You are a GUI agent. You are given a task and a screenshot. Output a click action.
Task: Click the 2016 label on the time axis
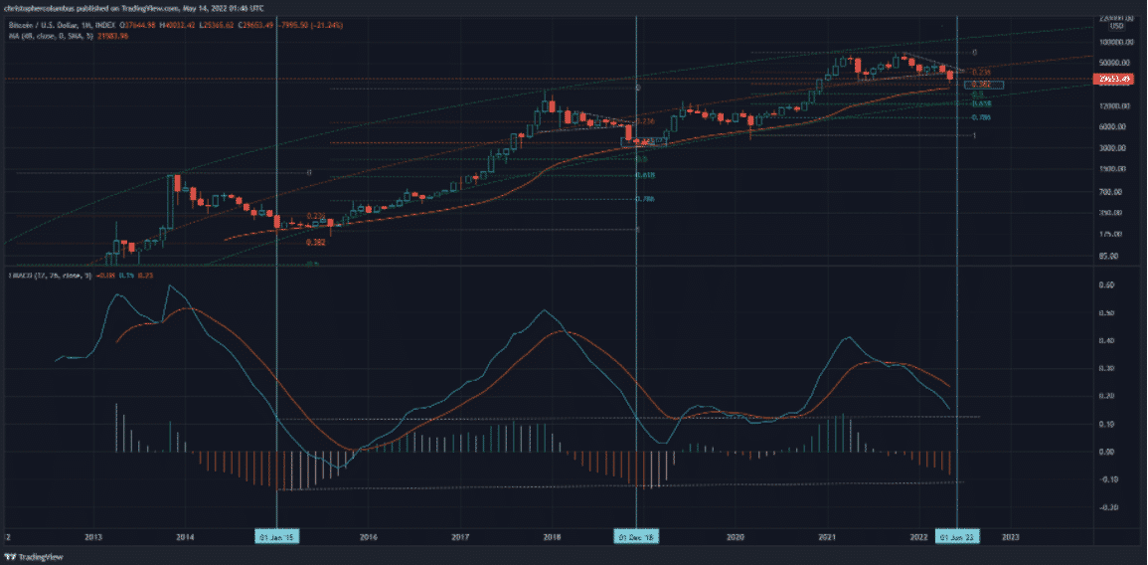tap(369, 536)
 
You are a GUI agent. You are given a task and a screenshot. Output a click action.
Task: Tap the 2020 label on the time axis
tap(736, 536)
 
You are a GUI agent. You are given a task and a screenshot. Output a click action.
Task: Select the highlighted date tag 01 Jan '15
tap(276, 536)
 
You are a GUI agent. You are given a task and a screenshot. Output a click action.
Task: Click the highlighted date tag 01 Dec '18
tap(636, 536)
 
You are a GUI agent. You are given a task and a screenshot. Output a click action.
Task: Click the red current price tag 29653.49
tap(1112, 78)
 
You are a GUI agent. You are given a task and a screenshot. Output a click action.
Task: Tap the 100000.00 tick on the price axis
tap(1112, 43)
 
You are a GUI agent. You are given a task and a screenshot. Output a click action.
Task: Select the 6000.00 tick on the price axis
tap(1112, 127)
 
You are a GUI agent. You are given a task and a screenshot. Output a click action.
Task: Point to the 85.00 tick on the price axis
tap(1112, 256)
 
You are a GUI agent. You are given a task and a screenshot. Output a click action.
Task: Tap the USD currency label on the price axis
tap(1116, 27)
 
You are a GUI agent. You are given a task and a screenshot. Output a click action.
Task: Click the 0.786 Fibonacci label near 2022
tap(981, 117)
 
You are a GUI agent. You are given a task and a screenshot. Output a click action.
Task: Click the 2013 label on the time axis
tap(93, 536)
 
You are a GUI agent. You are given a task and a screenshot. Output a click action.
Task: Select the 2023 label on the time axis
tap(1010, 536)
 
